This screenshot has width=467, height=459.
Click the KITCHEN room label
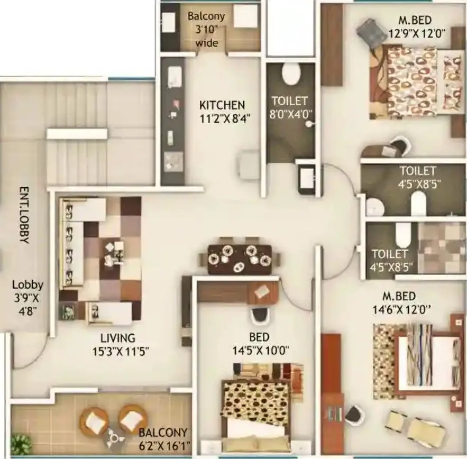pyautogui.click(x=222, y=104)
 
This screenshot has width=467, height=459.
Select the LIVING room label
pyautogui.click(x=118, y=337)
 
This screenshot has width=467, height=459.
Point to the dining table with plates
pyautogui.click(x=240, y=258)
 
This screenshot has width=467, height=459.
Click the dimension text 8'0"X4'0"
pyautogui.click(x=289, y=113)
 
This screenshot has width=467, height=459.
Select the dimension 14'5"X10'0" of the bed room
pyautogui.click(x=259, y=350)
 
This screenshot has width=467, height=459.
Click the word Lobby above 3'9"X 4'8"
pyautogui.click(x=28, y=285)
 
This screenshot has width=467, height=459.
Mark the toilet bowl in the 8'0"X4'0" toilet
pyautogui.click(x=290, y=74)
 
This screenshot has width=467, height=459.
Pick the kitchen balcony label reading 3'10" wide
pyautogui.click(x=206, y=36)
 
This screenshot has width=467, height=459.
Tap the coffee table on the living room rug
pyautogui.click(x=114, y=253)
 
